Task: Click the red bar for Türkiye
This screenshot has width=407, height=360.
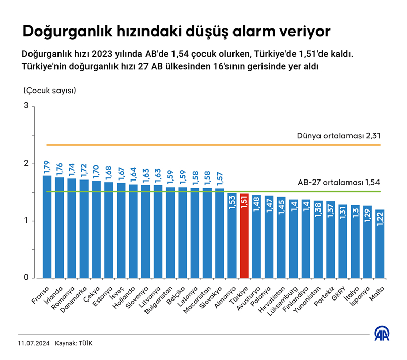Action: tap(244, 236)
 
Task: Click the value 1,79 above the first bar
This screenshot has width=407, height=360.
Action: tap(47, 168)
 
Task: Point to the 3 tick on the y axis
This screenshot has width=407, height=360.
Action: tap(26, 106)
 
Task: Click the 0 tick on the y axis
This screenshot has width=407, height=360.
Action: tap(26, 278)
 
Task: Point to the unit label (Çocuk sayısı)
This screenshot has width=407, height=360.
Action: tap(50, 91)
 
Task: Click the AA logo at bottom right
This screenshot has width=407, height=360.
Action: tap(383, 334)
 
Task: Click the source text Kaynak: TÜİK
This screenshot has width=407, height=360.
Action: tap(74, 343)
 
